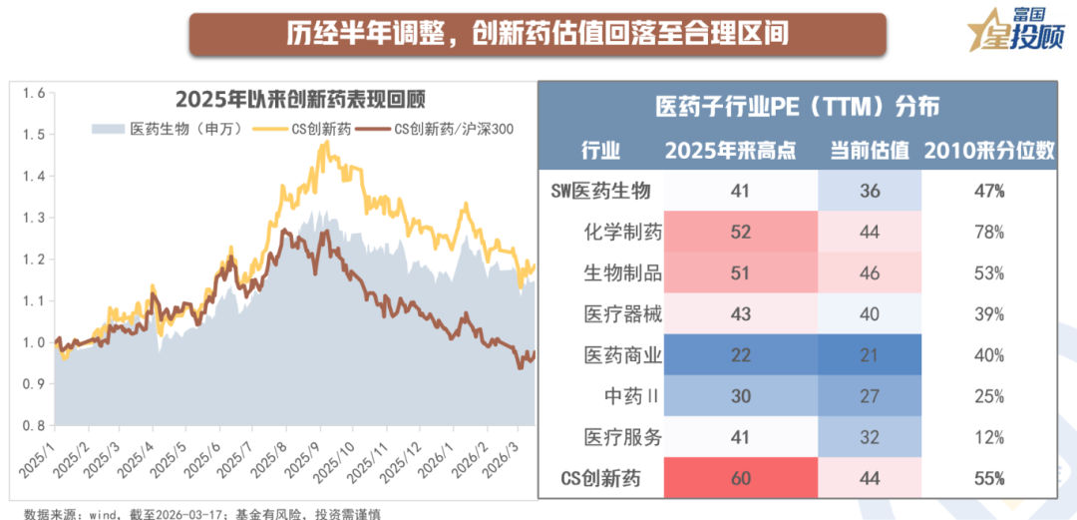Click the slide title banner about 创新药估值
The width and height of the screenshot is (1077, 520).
(x=538, y=33)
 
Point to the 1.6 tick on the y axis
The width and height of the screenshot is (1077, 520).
(x=34, y=93)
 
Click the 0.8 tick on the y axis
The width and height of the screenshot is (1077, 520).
(x=34, y=425)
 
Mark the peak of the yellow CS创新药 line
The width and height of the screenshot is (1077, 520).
(x=324, y=142)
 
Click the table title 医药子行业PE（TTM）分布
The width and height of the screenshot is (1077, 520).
(x=797, y=107)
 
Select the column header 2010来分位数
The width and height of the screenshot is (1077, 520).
(x=989, y=151)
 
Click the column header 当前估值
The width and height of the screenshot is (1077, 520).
(x=870, y=151)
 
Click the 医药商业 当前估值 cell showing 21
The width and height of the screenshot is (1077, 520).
(x=870, y=355)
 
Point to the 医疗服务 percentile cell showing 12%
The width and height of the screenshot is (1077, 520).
(x=989, y=437)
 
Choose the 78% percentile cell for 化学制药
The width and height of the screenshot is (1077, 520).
(x=989, y=233)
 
